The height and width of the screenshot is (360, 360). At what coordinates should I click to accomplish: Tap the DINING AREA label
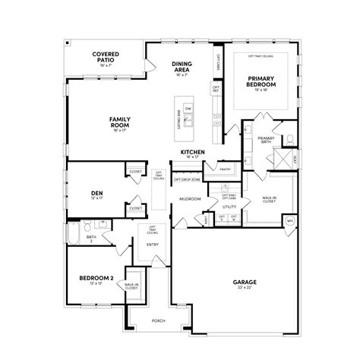181,67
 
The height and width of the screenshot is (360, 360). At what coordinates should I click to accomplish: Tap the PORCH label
158,320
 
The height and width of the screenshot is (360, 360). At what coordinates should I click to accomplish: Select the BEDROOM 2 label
96,278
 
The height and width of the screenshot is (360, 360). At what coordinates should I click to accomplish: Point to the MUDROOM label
190,199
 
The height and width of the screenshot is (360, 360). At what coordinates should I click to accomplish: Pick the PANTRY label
225,169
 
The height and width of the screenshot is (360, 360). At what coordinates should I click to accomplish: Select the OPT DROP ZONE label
186,180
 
